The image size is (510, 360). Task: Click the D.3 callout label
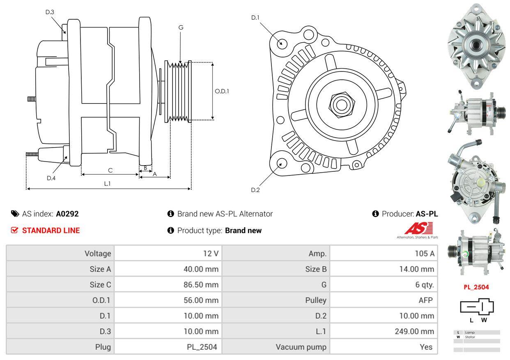coord(50,12)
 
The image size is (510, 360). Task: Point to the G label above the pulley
coord(181,28)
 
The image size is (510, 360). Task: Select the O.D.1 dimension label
coord(222,91)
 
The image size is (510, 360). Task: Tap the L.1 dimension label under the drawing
coord(107,183)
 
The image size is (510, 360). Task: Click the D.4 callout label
coord(51,178)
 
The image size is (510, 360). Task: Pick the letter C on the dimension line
coord(110,170)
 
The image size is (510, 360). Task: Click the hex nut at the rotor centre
coord(340,104)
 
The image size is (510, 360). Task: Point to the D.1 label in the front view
coord(255,17)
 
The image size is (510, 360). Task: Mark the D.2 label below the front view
coord(255,190)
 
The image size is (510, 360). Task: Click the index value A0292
coord(67,214)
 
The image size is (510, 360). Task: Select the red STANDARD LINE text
coord(51,231)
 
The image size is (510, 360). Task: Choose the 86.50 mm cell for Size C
coord(201,285)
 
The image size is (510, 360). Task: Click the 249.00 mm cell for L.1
coord(414,331)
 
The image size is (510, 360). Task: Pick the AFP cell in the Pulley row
coord(425,300)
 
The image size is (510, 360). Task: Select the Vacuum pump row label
coord(301,347)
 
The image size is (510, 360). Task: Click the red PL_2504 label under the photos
coord(476,287)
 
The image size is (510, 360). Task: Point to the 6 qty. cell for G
coord(425,285)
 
